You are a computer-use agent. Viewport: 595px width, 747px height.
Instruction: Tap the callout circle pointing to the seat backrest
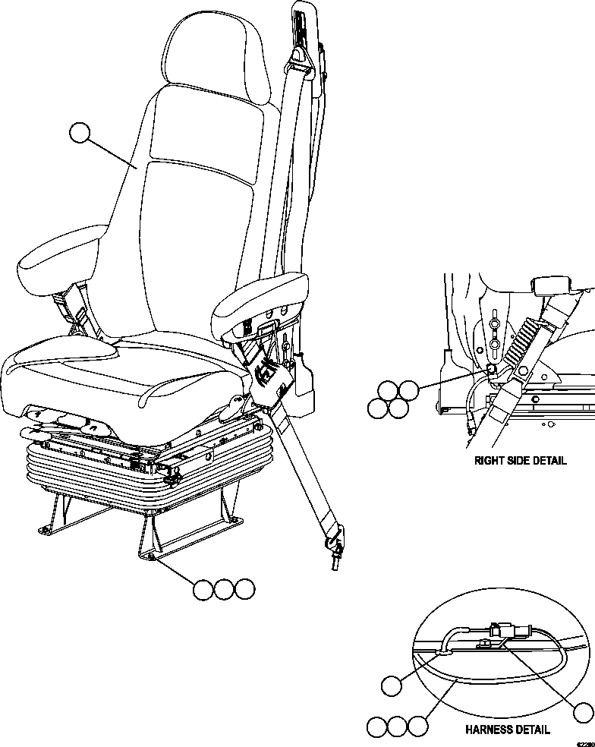[78, 134]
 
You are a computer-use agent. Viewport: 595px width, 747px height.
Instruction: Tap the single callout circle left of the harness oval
[391, 686]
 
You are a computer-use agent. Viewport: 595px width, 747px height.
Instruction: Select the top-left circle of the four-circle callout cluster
[389, 390]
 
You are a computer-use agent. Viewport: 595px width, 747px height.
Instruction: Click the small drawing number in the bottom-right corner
[584, 743]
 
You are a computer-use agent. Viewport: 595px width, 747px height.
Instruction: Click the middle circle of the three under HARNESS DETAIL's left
[397, 727]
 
